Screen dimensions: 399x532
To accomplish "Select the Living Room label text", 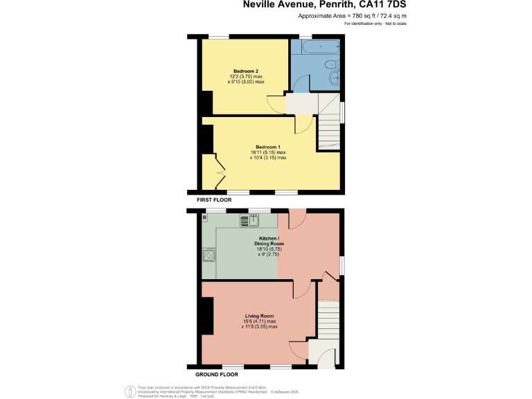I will [x=259, y=316].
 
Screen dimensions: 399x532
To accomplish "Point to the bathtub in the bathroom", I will [x=316, y=47].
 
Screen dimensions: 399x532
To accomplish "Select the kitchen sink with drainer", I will [x=249, y=221].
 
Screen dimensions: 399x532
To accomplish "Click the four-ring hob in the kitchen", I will [x=208, y=256].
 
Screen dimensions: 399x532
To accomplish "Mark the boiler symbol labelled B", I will [x=204, y=218].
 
